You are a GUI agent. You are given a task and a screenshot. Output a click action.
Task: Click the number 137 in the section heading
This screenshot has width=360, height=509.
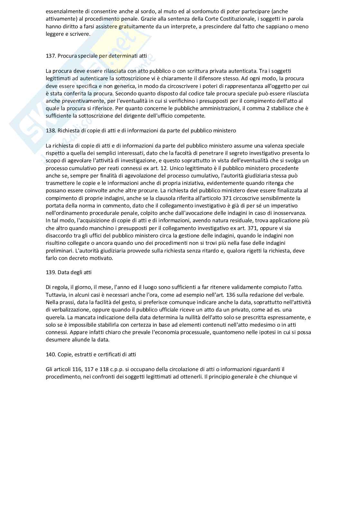51,56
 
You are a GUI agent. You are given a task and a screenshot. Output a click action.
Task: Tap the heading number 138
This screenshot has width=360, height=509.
51,130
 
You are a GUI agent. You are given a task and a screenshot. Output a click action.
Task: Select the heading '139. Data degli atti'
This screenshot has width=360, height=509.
69,272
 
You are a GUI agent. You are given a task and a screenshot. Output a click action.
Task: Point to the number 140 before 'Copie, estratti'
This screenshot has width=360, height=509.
51,354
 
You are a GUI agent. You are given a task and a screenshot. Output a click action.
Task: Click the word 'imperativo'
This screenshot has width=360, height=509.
285,206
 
